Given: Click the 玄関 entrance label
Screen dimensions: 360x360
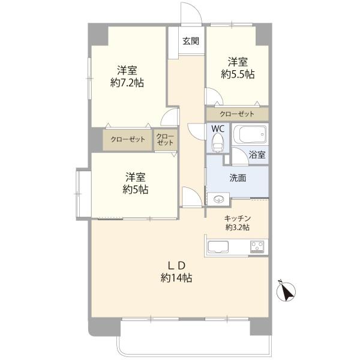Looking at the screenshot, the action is [191, 41].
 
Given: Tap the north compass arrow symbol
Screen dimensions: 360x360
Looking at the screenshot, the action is [286, 291].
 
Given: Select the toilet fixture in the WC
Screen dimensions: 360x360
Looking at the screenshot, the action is [218, 143].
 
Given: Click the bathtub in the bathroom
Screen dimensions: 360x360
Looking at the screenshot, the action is [250, 134].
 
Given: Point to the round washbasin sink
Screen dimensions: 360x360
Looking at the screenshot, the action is [218, 199].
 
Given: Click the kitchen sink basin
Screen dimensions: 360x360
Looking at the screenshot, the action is [218, 247].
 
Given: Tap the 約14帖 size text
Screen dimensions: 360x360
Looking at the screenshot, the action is [176, 278].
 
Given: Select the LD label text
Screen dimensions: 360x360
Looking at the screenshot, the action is [176, 266].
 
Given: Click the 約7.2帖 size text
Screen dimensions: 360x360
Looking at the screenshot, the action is [127, 83].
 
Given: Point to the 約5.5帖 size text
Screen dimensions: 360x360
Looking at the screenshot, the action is [238, 74].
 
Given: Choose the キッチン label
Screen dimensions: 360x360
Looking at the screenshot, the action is [238, 218].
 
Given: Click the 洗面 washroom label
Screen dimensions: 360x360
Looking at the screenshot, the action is [238, 178].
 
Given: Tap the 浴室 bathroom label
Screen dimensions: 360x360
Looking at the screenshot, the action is [257, 155].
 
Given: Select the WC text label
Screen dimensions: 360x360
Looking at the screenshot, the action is [218, 129].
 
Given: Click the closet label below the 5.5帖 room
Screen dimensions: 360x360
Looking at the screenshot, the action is [237, 114].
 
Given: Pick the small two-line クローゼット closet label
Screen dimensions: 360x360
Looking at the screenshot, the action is [165, 139].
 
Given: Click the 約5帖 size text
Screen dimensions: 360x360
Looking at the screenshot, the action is [135, 190].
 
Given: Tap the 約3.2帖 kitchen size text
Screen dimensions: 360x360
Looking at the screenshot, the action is [238, 227].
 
